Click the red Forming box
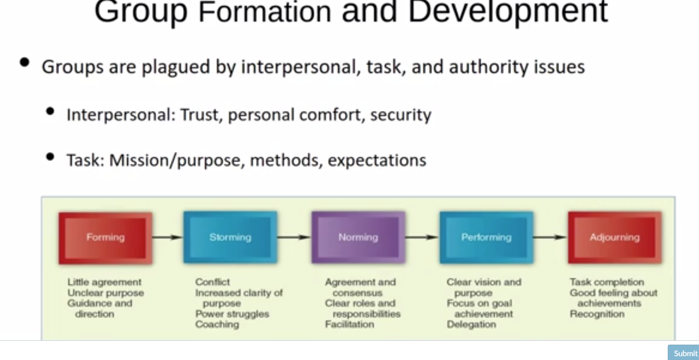[105, 237]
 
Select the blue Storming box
[230, 237]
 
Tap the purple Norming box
[358, 237]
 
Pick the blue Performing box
[486, 237]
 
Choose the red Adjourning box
[614, 237]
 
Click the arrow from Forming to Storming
[168, 237]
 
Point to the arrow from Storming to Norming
[294, 237]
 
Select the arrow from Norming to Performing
[422, 237]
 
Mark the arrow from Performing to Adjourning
[550, 237]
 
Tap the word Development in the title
[508, 12]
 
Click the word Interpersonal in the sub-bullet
[120, 115]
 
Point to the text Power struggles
[232, 314]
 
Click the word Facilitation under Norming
[349, 324]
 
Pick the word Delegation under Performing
[471, 324]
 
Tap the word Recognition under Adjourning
[597, 314]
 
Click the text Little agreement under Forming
[104, 282]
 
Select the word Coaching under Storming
[217, 324]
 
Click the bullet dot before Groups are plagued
[25, 62]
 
